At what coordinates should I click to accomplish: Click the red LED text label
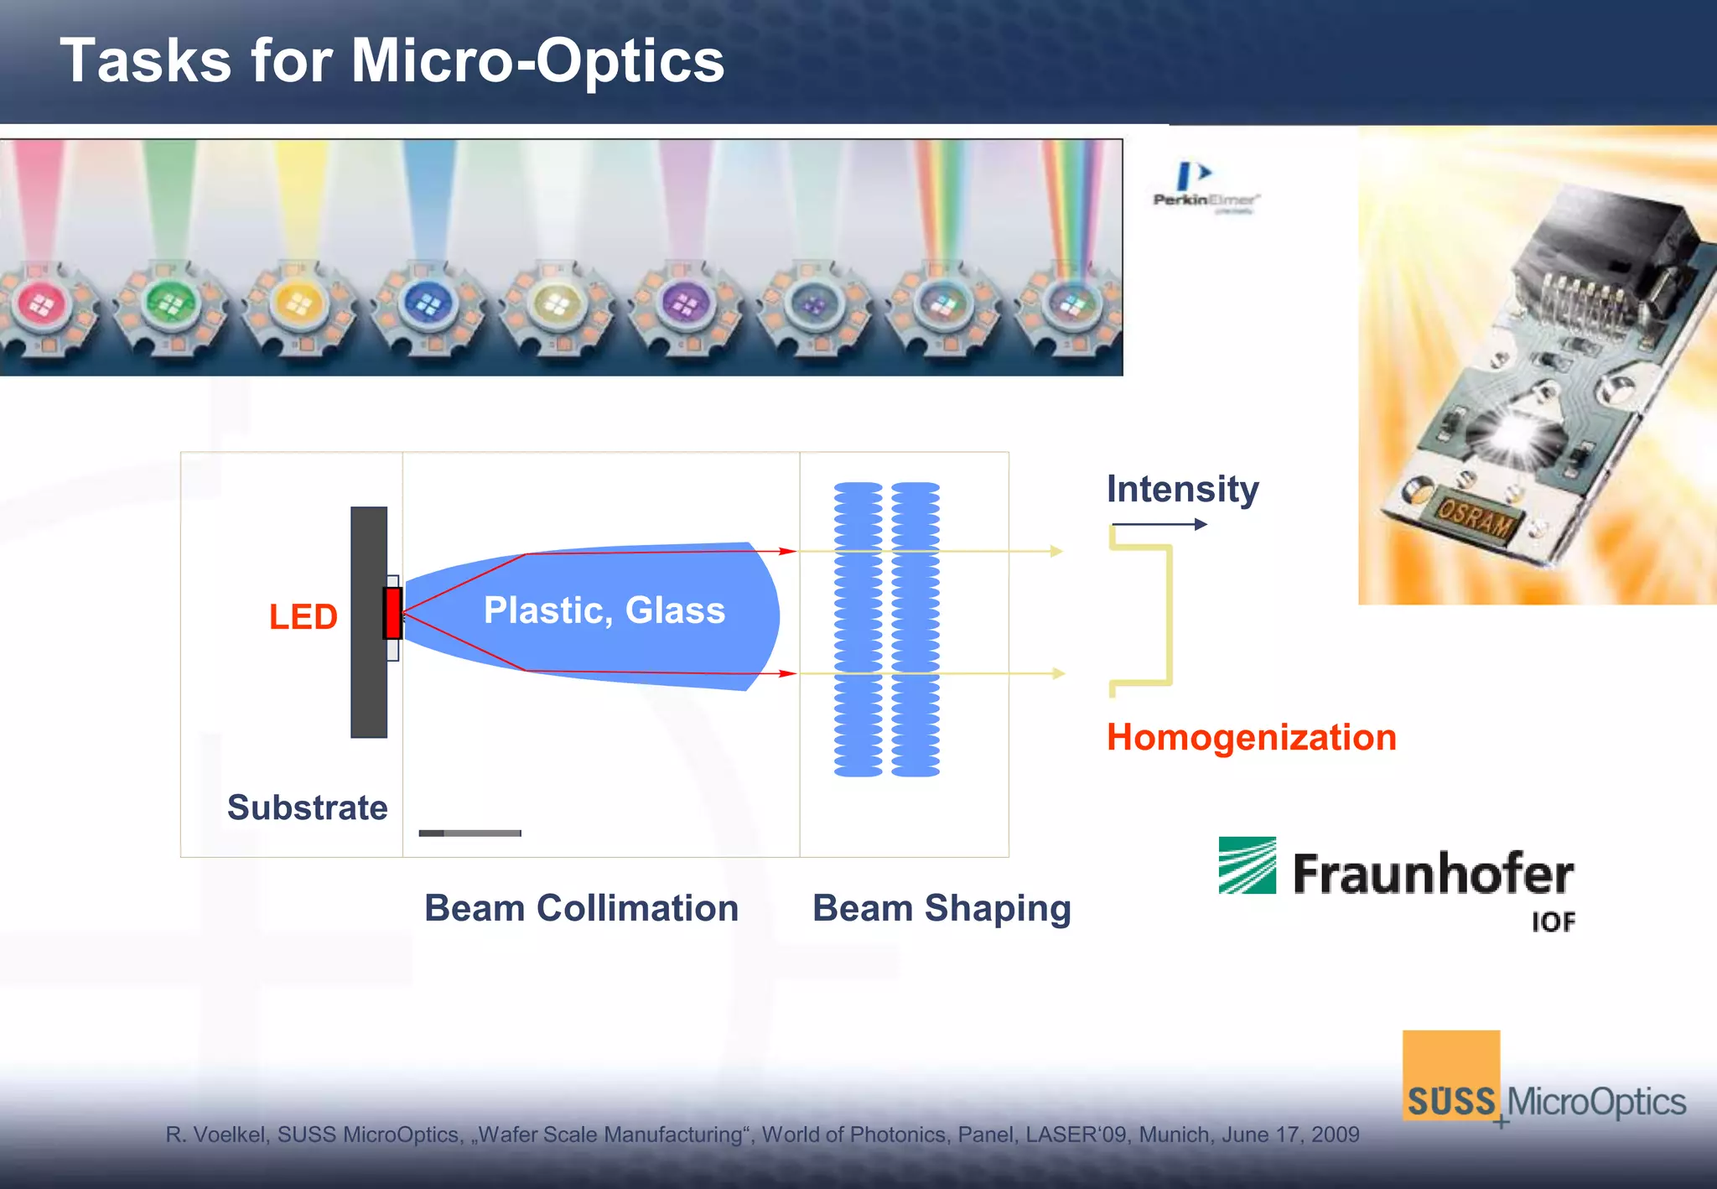[x=303, y=617]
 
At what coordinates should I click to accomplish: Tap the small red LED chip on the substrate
[x=392, y=613]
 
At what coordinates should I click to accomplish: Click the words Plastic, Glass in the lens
[x=604, y=610]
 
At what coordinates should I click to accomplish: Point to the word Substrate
[x=307, y=807]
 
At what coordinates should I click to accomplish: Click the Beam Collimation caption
[x=581, y=908]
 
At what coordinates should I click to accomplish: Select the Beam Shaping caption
[x=941, y=908]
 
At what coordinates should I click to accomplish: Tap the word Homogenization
[x=1251, y=738]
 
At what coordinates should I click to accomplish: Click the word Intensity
[x=1182, y=489]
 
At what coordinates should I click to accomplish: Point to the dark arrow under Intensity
[x=1160, y=525]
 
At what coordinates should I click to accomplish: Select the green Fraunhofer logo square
[x=1247, y=865]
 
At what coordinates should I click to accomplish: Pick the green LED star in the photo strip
[x=170, y=307]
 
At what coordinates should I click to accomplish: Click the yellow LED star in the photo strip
[x=299, y=307]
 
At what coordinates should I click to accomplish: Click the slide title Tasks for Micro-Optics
[x=392, y=60]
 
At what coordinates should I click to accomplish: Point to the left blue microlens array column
[x=858, y=629]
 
